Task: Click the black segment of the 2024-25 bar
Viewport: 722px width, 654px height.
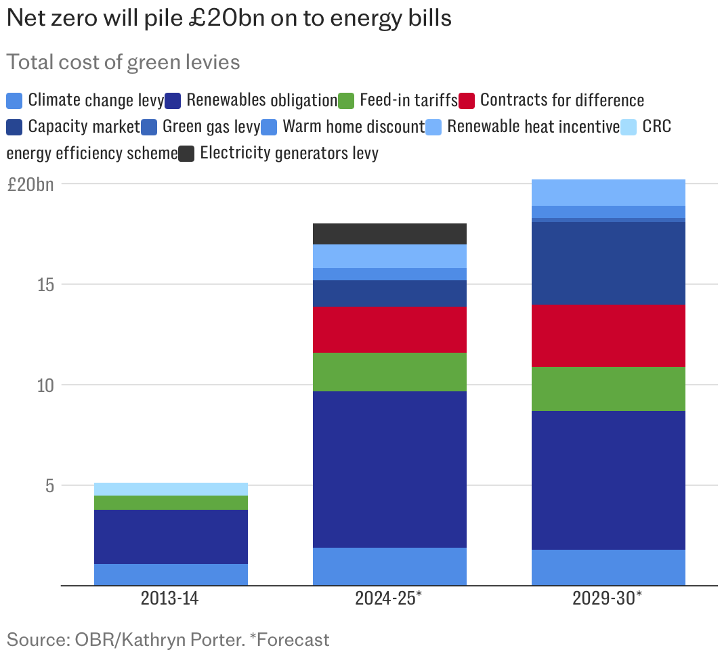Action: point(389,234)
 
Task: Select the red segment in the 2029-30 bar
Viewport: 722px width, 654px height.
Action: point(608,335)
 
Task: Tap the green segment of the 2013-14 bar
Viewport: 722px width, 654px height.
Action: point(171,502)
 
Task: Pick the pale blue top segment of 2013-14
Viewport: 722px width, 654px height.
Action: point(171,489)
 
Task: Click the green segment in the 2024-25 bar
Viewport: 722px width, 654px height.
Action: point(389,372)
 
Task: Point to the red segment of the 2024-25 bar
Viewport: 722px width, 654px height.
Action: point(389,330)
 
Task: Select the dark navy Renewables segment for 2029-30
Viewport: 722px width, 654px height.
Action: point(608,480)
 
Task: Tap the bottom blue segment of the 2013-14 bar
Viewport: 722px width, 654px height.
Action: point(171,574)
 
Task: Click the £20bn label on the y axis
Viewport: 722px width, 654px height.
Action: point(30,184)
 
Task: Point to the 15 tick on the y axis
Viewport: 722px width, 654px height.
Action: point(46,284)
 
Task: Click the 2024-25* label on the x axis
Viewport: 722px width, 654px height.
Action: point(389,599)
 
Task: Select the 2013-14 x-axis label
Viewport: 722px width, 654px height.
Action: point(171,599)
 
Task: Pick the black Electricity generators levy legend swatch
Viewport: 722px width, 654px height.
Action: point(187,154)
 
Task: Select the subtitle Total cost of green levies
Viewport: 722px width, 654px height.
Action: point(123,62)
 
